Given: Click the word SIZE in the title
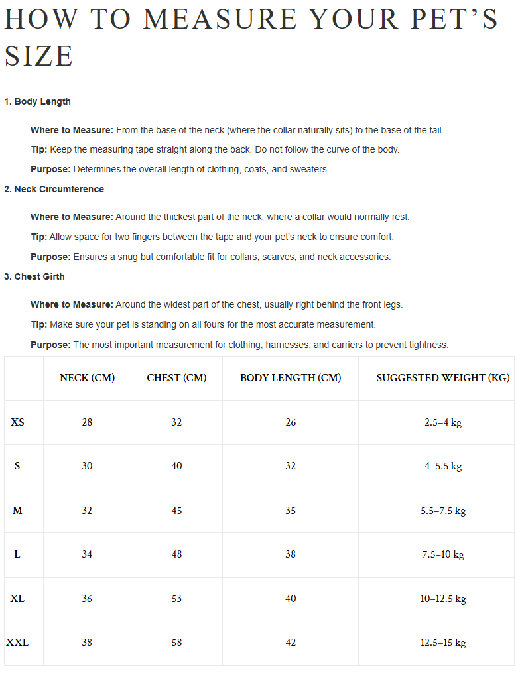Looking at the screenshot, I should coord(38,56).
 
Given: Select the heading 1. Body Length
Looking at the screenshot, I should coord(37,101).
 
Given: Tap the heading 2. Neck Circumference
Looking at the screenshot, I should coord(54,189).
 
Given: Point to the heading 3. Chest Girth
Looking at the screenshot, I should coord(34,276).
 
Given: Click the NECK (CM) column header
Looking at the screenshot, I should coord(87,378).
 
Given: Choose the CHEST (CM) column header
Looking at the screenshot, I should coord(176,378).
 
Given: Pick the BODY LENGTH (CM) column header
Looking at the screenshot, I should coord(291,378).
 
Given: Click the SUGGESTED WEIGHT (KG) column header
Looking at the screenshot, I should coord(443,378).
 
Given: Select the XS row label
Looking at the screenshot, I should coord(17,422).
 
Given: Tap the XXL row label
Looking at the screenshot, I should coord(17,642).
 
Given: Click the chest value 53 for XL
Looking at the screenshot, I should coord(176,598).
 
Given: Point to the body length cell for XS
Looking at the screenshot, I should coord(291,422).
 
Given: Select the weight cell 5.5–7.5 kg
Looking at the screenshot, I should coord(443,511).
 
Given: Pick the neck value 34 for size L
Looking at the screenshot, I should coord(87,554).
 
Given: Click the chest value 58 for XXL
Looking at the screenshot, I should coord(176,642).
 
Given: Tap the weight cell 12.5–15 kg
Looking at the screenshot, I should coord(443,642).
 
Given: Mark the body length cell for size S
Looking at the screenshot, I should coord(291,466).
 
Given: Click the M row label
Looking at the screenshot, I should coord(17,510).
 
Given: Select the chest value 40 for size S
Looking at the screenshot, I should coord(176,466).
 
